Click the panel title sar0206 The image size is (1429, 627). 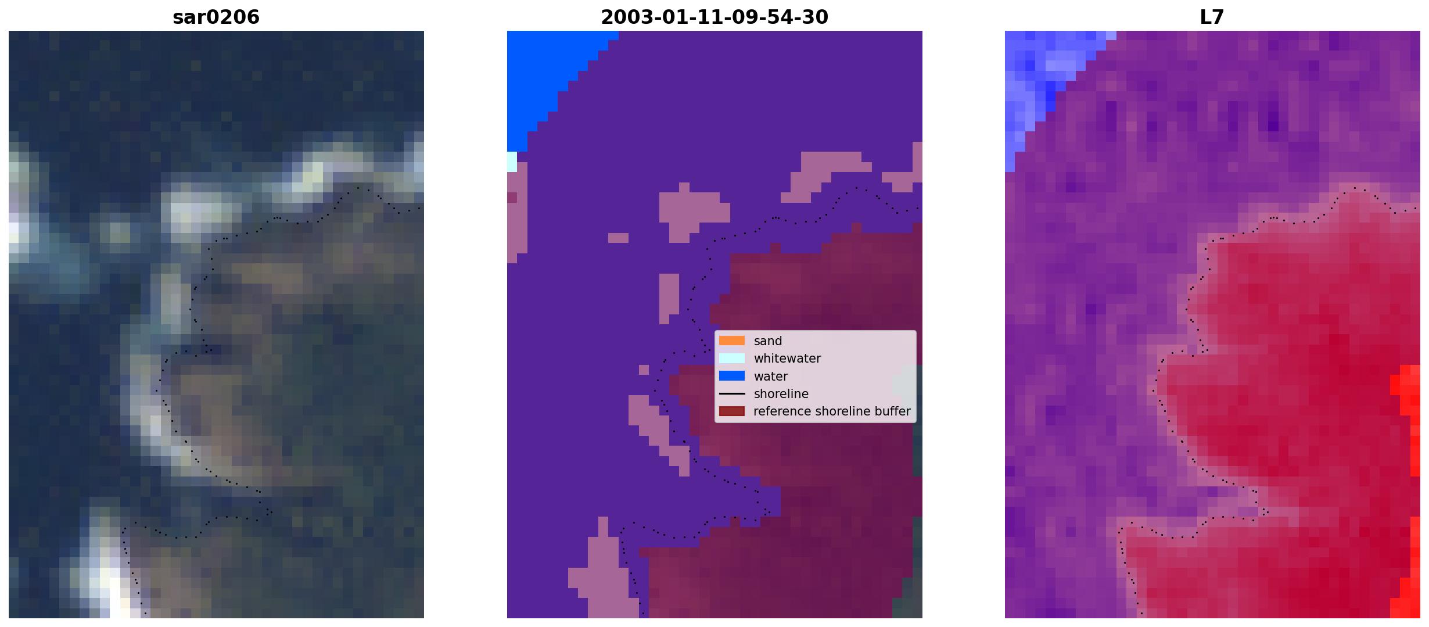pyautogui.click(x=216, y=17)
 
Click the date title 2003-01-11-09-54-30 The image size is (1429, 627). pyautogui.click(x=714, y=17)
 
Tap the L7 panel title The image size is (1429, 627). pyautogui.click(x=1212, y=17)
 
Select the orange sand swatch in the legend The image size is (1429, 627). pyautogui.click(x=732, y=341)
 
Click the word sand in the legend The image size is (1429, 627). pyautogui.click(x=768, y=341)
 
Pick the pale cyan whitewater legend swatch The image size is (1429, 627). pyautogui.click(x=732, y=359)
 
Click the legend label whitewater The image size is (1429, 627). pyautogui.click(x=787, y=359)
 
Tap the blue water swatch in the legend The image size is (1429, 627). pyautogui.click(x=732, y=376)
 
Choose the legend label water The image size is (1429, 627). pyautogui.click(x=771, y=377)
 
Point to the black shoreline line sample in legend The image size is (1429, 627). pyautogui.click(x=732, y=394)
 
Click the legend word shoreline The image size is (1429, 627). pyautogui.click(x=781, y=394)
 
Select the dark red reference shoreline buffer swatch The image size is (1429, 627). pyautogui.click(x=732, y=411)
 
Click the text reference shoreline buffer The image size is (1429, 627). pyautogui.click(x=832, y=411)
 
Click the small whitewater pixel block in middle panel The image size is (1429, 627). pyautogui.click(x=512, y=162)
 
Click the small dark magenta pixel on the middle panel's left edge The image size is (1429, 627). pyautogui.click(x=512, y=198)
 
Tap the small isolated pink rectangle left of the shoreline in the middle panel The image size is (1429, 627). pyautogui.click(x=618, y=238)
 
